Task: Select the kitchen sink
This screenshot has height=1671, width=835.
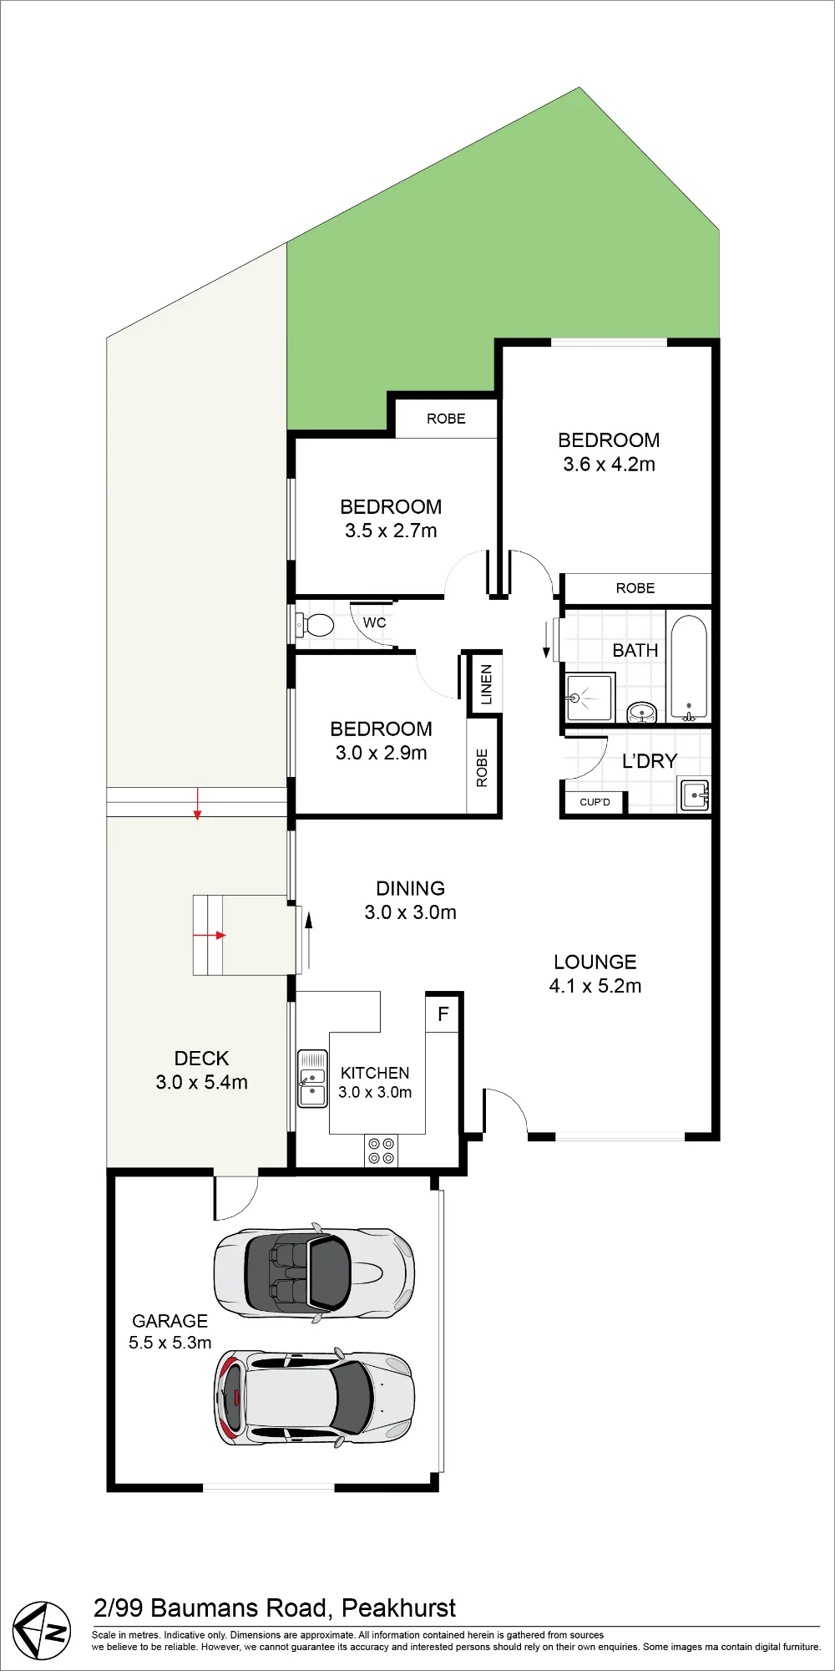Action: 313,1079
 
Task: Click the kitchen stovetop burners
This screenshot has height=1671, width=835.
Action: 382,1150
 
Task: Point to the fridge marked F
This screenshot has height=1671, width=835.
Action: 443,1013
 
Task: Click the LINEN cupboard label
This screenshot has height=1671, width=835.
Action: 487,684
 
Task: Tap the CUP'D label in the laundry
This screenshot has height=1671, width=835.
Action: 595,802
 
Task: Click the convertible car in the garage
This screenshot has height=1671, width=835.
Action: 314,1272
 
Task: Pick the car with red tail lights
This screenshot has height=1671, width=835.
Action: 315,1396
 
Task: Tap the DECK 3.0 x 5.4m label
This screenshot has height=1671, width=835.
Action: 201,1070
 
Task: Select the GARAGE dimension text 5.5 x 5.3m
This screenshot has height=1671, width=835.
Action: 170,1343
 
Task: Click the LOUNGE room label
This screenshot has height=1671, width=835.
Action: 595,962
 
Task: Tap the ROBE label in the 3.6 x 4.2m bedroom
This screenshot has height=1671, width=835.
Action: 635,588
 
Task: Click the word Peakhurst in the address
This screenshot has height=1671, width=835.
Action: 399,1608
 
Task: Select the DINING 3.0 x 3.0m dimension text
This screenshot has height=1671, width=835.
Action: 410,912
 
